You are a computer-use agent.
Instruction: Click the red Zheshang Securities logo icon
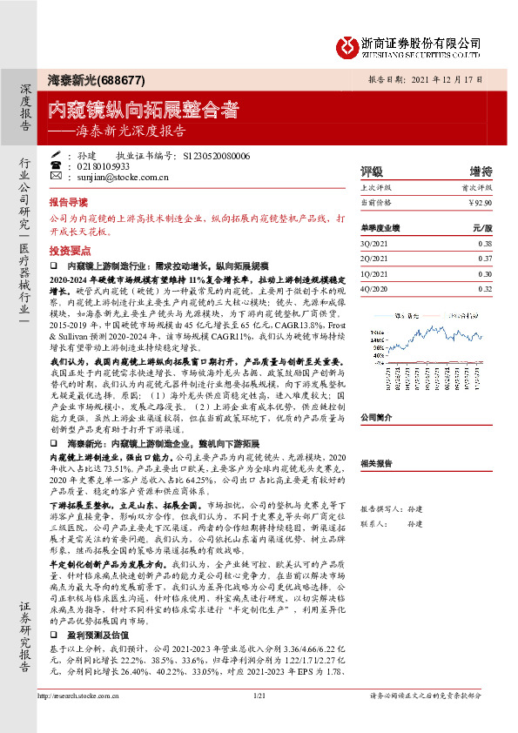pyautogui.click(x=348, y=44)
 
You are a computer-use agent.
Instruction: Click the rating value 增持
pyautogui.click(x=481, y=171)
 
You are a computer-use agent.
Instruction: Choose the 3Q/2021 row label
pyautogui.click(x=373, y=244)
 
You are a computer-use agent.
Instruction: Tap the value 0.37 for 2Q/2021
pyautogui.click(x=484, y=259)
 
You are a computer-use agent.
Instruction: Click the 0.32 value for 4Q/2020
pyautogui.click(x=484, y=288)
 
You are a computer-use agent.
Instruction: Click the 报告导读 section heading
pyautogui.click(x=71, y=199)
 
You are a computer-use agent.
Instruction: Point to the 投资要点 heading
pyautogui.click(x=71, y=248)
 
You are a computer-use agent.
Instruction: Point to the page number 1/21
pyautogui.click(x=258, y=720)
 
